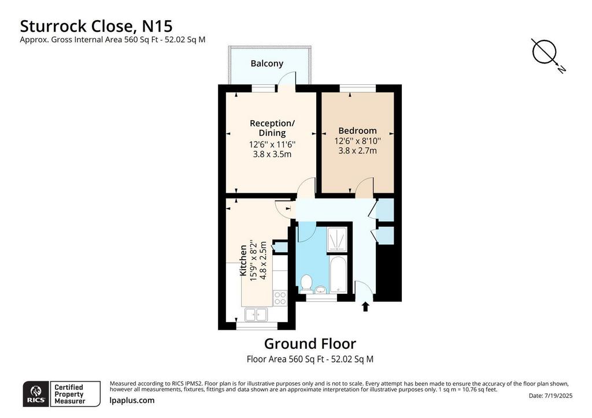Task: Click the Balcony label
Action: click(x=267, y=64)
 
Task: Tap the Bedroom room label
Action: click(x=357, y=131)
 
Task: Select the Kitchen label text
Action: click(x=243, y=260)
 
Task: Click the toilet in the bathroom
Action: click(x=306, y=283)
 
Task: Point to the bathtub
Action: click(x=338, y=274)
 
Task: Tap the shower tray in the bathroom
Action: click(x=337, y=239)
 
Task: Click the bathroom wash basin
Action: click(x=321, y=290)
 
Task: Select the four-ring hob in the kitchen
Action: click(x=280, y=298)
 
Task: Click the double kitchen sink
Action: click(x=256, y=315)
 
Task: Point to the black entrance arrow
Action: click(x=365, y=306)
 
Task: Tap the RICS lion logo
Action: click(x=36, y=394)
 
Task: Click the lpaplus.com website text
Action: click(x=132, y=400)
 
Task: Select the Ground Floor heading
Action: click(x=310, y=344)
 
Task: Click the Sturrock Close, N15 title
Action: click(x=96, y=26)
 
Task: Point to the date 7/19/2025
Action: click(x=558, y=395)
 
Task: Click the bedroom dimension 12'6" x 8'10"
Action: click(x=357, y=141)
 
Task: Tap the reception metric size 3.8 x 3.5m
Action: click(x=272, y=154)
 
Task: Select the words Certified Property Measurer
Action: click(x=69, y=394)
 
